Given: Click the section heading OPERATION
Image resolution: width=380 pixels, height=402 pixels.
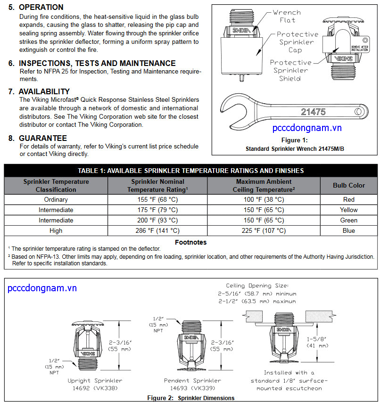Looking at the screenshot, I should click(41, 8).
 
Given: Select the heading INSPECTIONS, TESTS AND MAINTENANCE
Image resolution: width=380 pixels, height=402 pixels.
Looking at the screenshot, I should click(97, 63).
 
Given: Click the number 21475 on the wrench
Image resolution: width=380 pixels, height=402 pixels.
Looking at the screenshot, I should click(313, 112).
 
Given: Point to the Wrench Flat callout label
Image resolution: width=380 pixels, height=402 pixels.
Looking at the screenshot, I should click(287, 16).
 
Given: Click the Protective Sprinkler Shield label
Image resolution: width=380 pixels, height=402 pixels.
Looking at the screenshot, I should click(290, 70).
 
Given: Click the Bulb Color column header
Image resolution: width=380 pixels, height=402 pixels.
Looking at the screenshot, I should click(348, 185).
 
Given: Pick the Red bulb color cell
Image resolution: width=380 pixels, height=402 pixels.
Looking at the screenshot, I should click(348, 199).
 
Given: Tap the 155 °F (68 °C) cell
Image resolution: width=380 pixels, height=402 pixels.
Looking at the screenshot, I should click(157, 199).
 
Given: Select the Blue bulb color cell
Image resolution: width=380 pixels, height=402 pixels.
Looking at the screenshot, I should click(348, 230).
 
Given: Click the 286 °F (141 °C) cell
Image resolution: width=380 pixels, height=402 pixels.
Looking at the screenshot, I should click(157, 230).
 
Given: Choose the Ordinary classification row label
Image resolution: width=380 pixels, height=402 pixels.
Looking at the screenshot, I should click(56, 199).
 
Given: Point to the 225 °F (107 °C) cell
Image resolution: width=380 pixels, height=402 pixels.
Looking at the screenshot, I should click(263, 230).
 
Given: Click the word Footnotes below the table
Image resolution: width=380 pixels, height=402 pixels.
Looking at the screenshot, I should click(190, 242).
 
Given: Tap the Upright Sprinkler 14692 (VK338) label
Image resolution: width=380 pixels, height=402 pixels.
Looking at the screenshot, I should click(95, 384).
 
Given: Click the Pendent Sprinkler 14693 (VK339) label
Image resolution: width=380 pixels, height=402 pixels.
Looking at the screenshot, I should click(192, 384).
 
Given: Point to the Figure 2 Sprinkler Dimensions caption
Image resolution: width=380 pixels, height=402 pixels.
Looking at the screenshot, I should click(190, 398).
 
